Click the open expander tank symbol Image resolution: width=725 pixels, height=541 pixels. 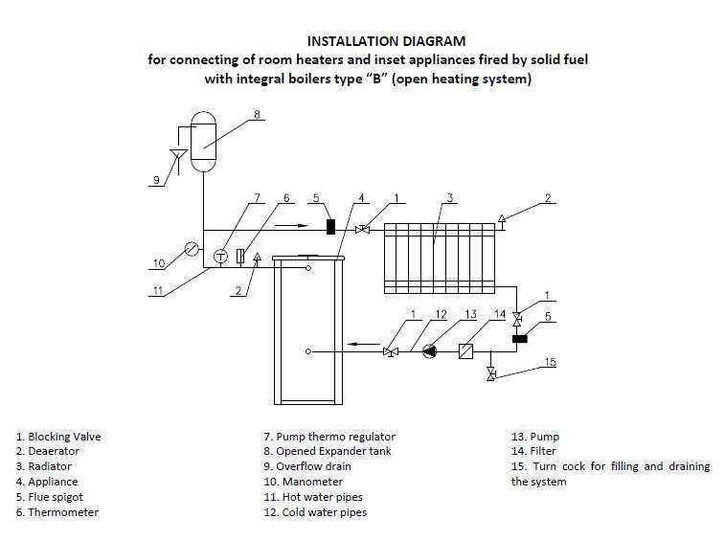point(203,143)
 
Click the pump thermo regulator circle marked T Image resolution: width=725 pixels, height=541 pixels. point(220,256)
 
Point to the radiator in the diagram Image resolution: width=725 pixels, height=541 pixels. point(438,257)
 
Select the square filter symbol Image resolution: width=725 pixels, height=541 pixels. point(466,351)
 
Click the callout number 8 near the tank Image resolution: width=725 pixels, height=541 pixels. point(257,115)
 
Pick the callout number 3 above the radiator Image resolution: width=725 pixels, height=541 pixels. point(448,197)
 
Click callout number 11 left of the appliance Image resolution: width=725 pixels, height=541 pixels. point(159,291)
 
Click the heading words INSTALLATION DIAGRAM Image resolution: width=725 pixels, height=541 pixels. point(386,41)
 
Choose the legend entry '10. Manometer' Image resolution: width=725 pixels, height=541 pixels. point(303,482)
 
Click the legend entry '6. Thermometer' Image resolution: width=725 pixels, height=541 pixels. point(57,512)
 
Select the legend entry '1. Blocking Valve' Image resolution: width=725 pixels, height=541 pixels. point(57,437)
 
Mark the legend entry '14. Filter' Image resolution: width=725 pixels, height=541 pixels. point(533,451)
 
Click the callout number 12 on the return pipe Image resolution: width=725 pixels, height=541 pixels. point(442,314)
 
